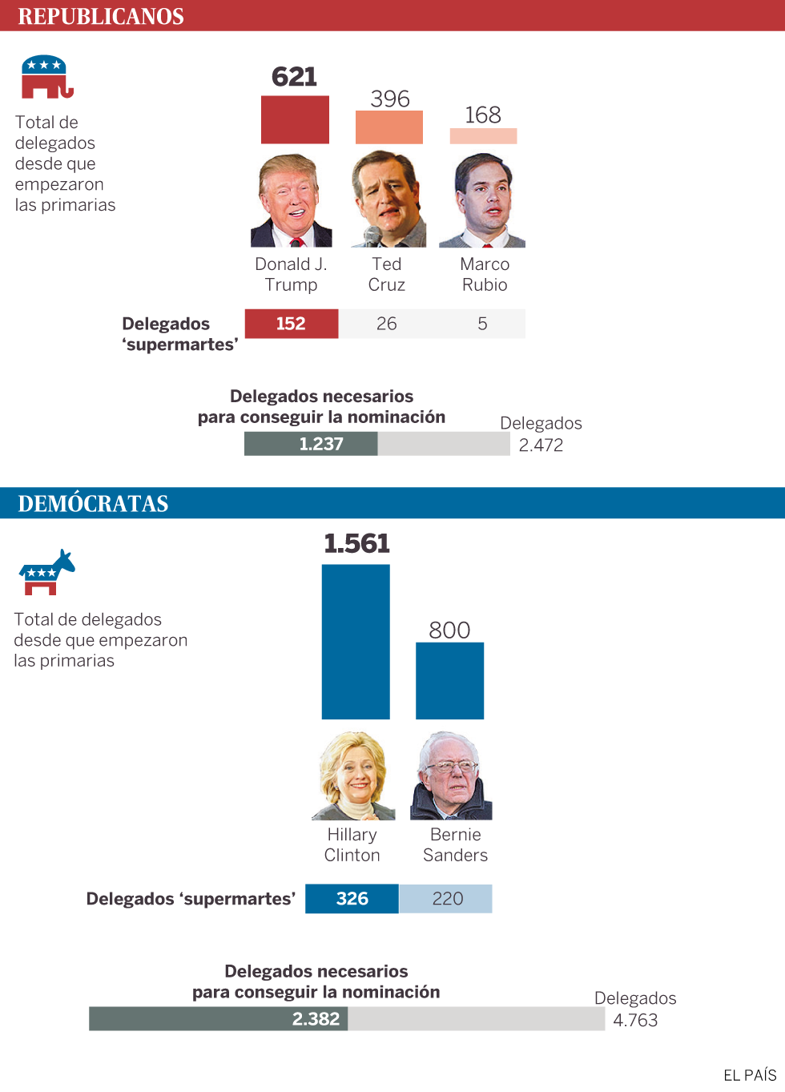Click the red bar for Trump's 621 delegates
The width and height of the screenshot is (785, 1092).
pyautogui.click(x=295, y=120)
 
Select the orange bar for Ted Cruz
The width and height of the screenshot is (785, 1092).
pyautogui.click(x=389, y=127)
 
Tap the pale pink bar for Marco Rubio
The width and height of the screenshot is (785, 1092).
pyautogui.click(x=483, y=136)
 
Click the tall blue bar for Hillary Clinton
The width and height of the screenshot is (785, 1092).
pyautogui.click(x=356, y=642)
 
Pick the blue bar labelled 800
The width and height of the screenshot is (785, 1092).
pyautogui.click(x=449, y=680)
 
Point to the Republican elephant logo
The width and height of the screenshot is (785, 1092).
pyautogui.click(x=46, y=78)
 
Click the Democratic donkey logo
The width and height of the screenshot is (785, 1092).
pyautogui.click(x=46, y=573)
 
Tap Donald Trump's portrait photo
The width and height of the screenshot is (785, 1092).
pyautogui.click(x=292, y=200)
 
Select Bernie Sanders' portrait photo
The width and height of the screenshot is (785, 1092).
pyautogui.click(x=451, y=776)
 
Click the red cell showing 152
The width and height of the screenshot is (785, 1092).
pyautogui.click(x=292, y=324)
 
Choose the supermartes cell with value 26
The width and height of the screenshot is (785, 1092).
pyautogui.click(x=387, y=324)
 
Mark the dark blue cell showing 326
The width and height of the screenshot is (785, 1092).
pyautogui.click(x=352, y=899)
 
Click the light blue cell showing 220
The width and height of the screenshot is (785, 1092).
pyautogui.click(x=447, y=899)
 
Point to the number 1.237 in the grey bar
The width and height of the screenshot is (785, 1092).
pyautogui.click(x=321, y=444)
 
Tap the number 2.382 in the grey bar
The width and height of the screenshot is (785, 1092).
pyautogui.click(x=316, y=1019)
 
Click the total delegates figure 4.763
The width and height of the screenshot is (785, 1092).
pyautogui.click(x=635, y=1020)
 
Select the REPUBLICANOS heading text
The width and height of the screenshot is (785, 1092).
pyautogui.click(x=101, y=16)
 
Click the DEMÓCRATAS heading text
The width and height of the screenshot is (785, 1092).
pyautogui.click(x=93, y=503)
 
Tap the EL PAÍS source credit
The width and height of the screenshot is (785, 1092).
pyautogui.click(x=750, y=1075)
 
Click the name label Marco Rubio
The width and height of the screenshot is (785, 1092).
pyautogui.click(x=485, y=274)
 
